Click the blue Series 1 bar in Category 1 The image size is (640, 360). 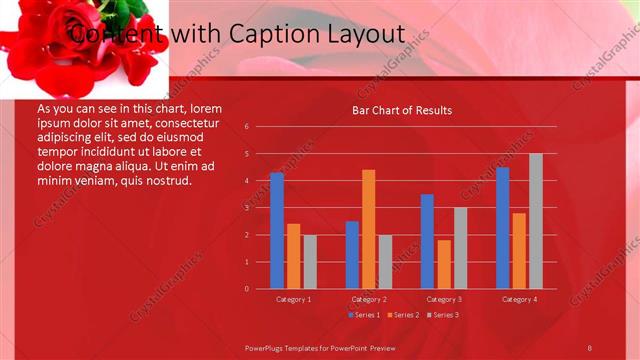277,231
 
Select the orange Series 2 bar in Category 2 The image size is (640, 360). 369,229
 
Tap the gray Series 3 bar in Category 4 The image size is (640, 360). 536,221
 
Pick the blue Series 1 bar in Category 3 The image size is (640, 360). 427,241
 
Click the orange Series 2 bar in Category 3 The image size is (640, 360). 444,264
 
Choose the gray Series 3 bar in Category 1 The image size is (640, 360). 310,262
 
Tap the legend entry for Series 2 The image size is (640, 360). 402,315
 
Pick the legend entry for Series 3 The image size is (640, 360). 442,315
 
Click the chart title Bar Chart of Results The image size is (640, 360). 402,110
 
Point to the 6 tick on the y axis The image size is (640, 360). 246,127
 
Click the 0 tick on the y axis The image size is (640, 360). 246,289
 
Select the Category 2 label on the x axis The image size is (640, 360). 369,299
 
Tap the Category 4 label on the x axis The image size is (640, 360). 519,299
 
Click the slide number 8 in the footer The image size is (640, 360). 590,346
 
